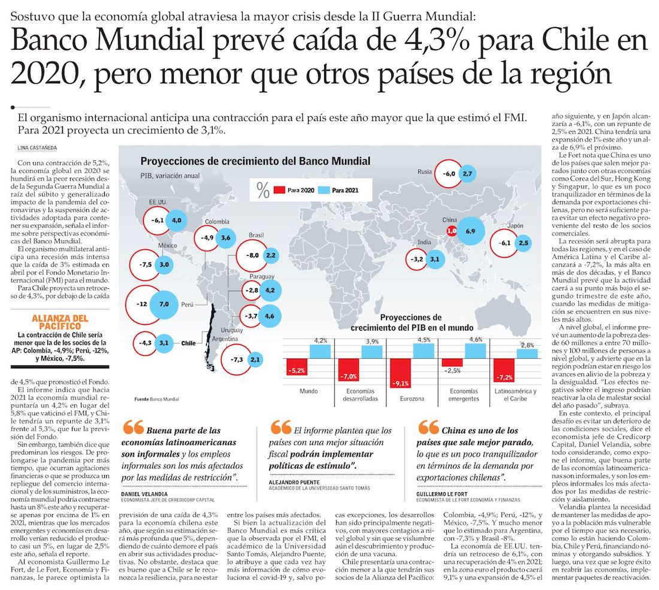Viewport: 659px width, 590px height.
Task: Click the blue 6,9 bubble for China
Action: (470, 231)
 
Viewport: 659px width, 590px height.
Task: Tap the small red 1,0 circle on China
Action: (452, 231)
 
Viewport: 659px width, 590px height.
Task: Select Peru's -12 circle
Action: (142, 304)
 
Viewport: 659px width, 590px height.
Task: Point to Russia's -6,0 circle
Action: (449, 174)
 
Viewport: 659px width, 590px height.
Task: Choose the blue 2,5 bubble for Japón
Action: (524, 243)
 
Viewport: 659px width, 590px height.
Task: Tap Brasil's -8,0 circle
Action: (252, 256)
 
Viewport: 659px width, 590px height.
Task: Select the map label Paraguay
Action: (261, 277)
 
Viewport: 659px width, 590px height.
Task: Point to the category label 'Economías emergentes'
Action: (453, 395)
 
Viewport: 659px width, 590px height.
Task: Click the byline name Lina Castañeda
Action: (42, 148)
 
